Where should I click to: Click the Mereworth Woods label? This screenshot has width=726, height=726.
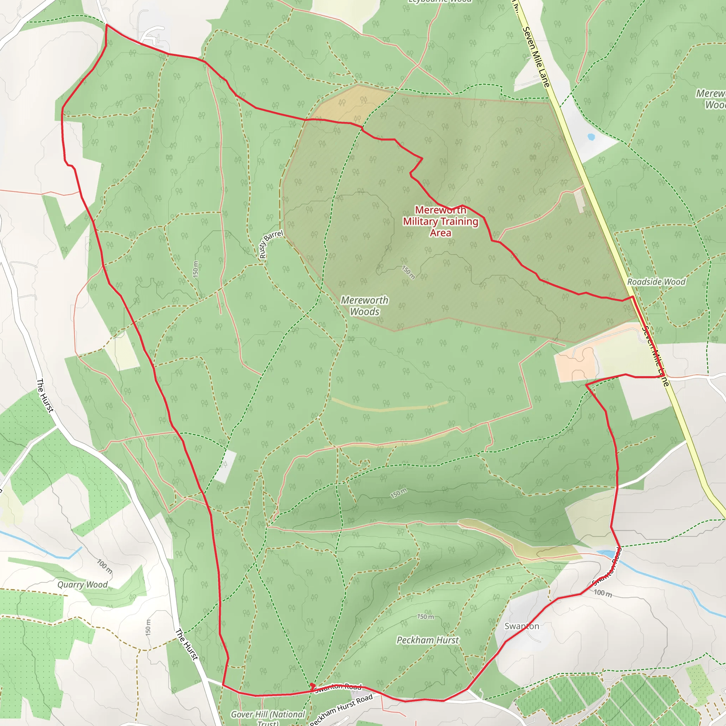[x=364, y=306]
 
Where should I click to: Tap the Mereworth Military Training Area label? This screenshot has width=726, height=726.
[x=440, y=221]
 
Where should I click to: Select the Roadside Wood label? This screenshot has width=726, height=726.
[x=656, y=282]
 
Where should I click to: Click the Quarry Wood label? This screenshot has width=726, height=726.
[x=82, y=585]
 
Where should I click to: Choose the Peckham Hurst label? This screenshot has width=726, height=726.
[x=428, y=640]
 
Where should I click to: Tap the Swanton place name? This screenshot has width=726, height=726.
[x=521, y=626]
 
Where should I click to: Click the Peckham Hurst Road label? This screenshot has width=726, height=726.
[x=341, y=709]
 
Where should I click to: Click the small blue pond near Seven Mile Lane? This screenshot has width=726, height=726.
[x=591, y=137]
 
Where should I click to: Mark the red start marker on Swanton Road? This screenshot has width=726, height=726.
[x=312, y=685]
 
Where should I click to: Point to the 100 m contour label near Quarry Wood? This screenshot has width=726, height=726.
[x=105, y=566]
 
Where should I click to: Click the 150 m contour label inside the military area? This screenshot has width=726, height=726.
[x=408, y=273]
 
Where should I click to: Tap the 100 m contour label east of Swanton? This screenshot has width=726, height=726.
[x=603, y=593]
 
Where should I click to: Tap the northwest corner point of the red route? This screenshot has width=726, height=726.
[x=107, y=25]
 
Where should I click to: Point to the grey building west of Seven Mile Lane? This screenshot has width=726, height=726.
[x=580, y=200]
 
